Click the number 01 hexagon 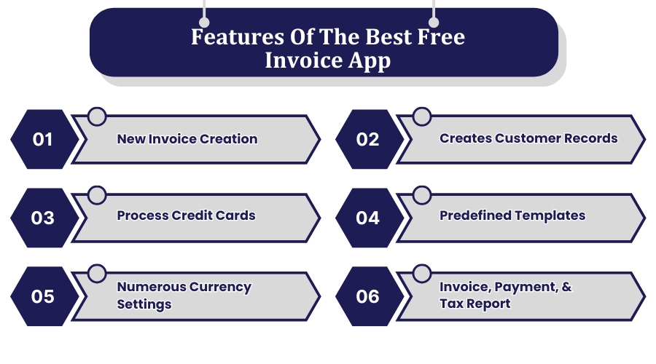(x=43, y=139)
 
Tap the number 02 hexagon (x=368, y=139)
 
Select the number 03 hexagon (x=43, y=217)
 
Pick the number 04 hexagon (x=368, y=217)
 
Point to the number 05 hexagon (x=43, y=296)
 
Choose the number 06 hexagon (x=368, y=296)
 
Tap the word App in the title (x=369, y=60)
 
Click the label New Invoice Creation (x=187, y=139)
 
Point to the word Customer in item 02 (x=523, y=138)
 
